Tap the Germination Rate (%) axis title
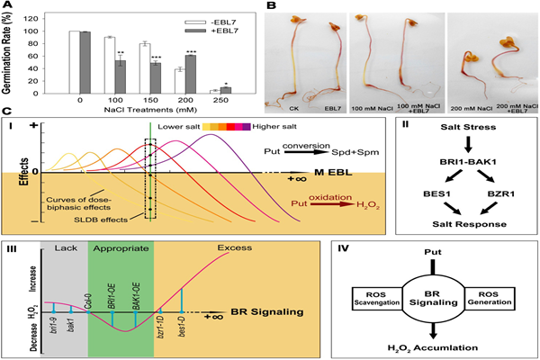coord(11,54)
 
